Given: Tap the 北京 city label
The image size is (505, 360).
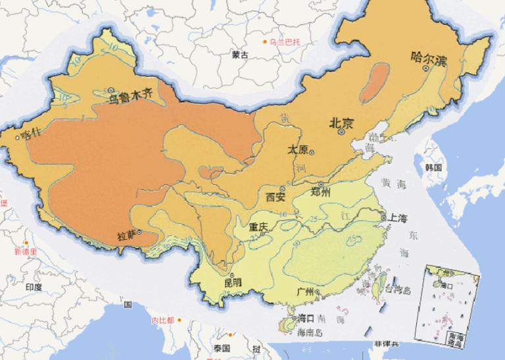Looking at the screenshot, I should tap(341, 122).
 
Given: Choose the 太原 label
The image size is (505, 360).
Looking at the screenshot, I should tap(298, 149).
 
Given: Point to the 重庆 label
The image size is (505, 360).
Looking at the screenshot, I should tap(258, 226).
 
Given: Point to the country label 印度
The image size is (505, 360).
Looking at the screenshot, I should tap(33, 287).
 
